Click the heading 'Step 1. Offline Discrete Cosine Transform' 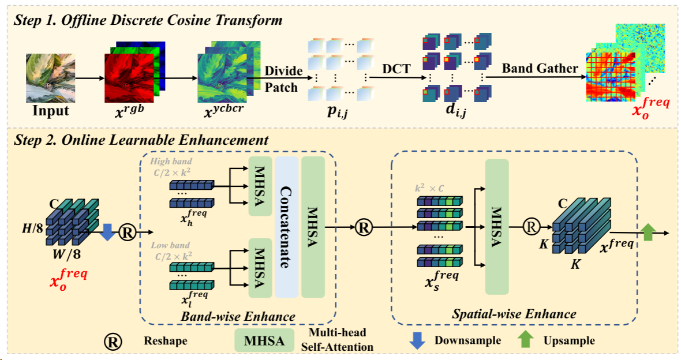[x=148, y=21]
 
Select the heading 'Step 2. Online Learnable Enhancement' [x=141, y=140]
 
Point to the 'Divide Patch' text [x=283, y=79]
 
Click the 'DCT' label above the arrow [x=396, y=69]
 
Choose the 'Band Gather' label [x=540, y=69]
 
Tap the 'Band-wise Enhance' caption [x=238, y=316]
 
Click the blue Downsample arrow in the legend [x=417, y=340]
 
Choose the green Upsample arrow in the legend [x=524, y=340]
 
